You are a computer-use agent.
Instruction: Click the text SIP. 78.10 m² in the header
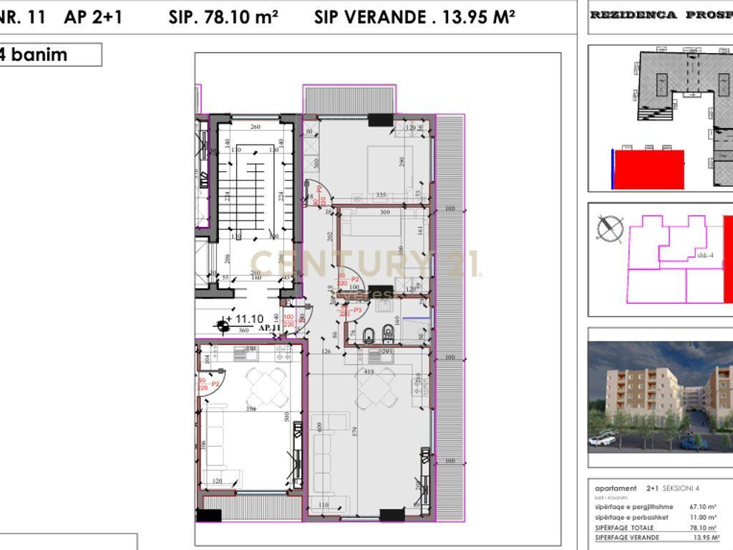[223, 18]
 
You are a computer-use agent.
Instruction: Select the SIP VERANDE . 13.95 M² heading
[414, 18]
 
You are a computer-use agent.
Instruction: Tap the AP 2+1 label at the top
[93, 18]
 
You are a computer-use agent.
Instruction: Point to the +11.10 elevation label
[244, 319]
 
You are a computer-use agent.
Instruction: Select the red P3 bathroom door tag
[350, 309]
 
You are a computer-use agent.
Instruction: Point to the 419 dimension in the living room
[369, 372]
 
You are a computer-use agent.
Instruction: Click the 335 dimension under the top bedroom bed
[381, 195]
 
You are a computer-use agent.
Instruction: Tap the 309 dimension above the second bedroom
[385, 213]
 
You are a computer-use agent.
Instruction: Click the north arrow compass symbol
[609, 229]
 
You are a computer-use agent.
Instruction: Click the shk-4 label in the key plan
[704, 255]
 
